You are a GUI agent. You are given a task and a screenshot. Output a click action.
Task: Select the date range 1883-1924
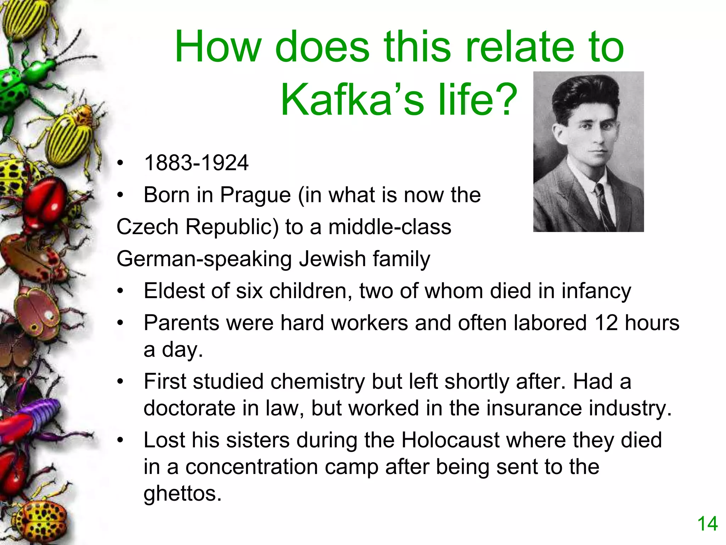tap(196, 163)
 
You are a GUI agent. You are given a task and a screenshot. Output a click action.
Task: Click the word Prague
tap(255, 195)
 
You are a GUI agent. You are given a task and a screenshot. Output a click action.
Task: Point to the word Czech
tap(147, 227)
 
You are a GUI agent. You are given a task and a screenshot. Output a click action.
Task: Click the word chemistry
tap(318, 382)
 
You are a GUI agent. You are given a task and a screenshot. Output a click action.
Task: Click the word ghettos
tap(182, 493)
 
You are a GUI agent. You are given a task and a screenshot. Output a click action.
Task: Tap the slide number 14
tap(707, 524)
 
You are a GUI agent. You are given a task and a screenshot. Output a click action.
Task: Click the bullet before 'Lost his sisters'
tap(121, 440)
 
